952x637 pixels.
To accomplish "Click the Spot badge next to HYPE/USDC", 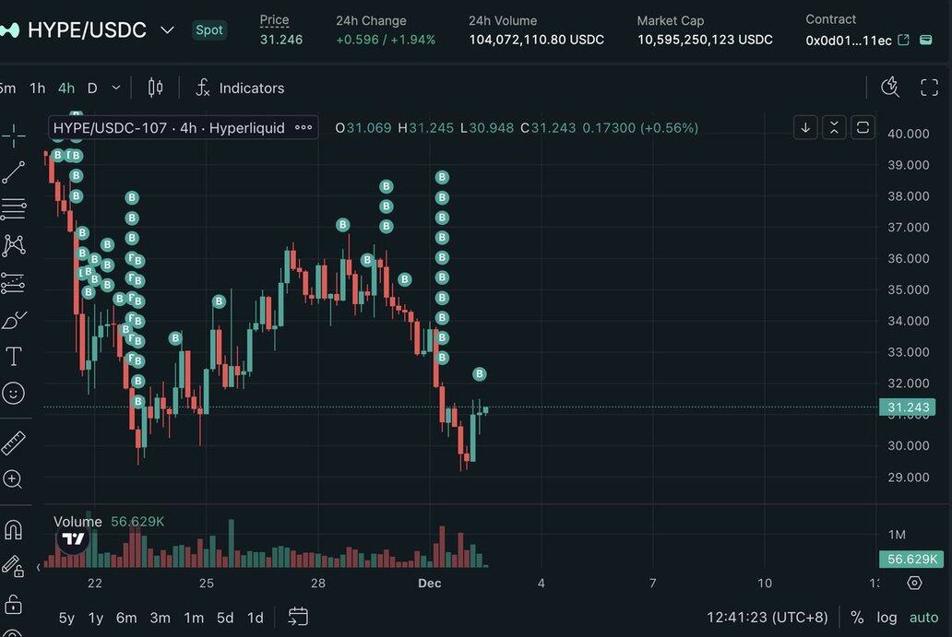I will pos(209,29).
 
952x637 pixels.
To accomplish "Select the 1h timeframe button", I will pos(37,88).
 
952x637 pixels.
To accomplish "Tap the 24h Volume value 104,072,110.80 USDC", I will pos(536,40).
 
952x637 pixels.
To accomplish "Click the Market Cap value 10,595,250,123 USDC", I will pos(705,40).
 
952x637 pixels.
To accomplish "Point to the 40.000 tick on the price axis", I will pos(908,134).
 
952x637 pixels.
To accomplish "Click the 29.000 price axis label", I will pos(908,478).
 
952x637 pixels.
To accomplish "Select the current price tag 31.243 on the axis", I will pos(908,407).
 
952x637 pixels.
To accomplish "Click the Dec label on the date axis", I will pos(430,583).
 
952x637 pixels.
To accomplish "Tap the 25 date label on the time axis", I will pos(207,583).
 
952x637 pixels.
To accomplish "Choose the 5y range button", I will pos(66,618).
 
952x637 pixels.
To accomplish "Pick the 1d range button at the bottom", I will pos(255,618).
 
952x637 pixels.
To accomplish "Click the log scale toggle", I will pos(887,618).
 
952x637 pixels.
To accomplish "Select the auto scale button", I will pos(923,618).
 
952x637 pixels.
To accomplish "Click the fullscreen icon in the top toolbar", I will pos(930,88).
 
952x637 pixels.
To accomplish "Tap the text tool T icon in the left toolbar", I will pos(14,357).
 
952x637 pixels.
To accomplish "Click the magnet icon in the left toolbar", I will pos(14,530).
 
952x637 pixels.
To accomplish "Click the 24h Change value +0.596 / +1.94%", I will pos(386,40).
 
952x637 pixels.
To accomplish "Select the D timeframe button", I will pos(92,88).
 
